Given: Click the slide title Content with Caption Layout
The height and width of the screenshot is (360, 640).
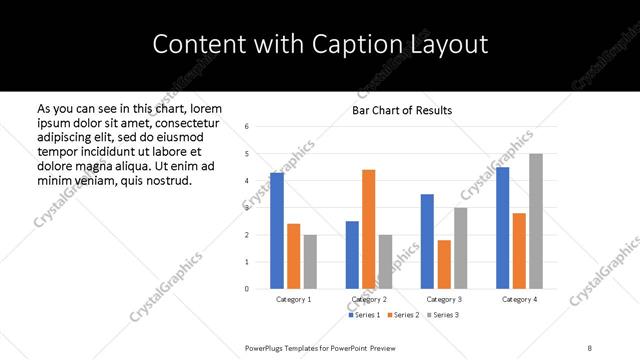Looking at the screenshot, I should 320,45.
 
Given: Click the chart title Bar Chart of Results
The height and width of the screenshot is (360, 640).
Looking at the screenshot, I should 401,110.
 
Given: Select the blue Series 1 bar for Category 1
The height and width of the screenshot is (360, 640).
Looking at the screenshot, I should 276,230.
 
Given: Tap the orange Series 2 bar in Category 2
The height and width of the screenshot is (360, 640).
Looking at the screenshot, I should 369,229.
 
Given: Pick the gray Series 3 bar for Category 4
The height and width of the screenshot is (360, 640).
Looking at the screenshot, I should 536,221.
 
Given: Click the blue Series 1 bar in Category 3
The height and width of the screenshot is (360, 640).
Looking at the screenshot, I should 427,241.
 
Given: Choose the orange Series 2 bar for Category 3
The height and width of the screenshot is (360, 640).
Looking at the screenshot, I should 444,264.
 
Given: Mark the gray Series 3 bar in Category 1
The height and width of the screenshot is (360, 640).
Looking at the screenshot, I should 310,261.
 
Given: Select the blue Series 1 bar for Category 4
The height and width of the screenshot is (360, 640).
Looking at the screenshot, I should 502,228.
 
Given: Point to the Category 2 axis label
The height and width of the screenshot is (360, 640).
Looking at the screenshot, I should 369,299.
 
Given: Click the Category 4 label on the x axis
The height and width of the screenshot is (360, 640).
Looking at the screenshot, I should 519,299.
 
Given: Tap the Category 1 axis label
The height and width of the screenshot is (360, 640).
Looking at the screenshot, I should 293,299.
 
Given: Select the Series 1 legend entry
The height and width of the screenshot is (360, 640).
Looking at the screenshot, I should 364,315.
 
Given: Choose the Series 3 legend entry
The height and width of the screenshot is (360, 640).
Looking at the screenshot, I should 443,315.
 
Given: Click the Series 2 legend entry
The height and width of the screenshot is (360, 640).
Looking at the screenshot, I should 403,315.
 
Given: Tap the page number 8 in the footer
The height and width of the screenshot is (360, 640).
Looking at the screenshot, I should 590,347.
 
